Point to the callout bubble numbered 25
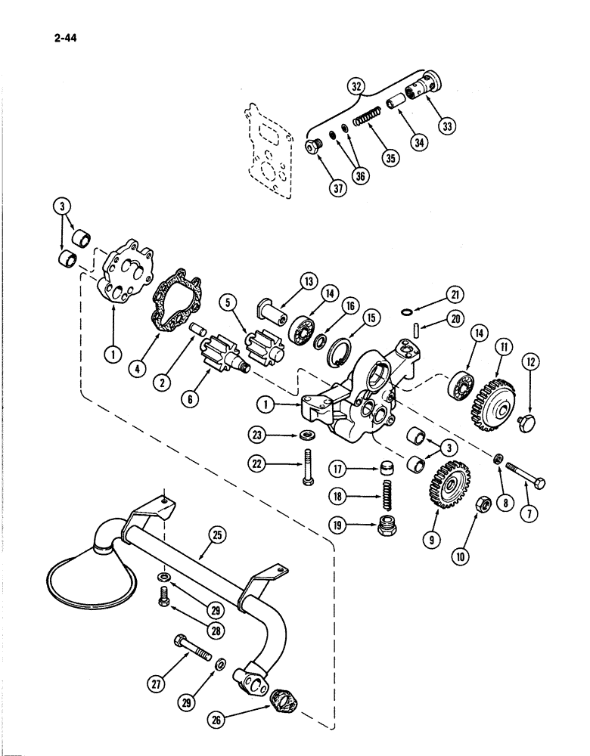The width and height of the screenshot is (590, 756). pos(217,536)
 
